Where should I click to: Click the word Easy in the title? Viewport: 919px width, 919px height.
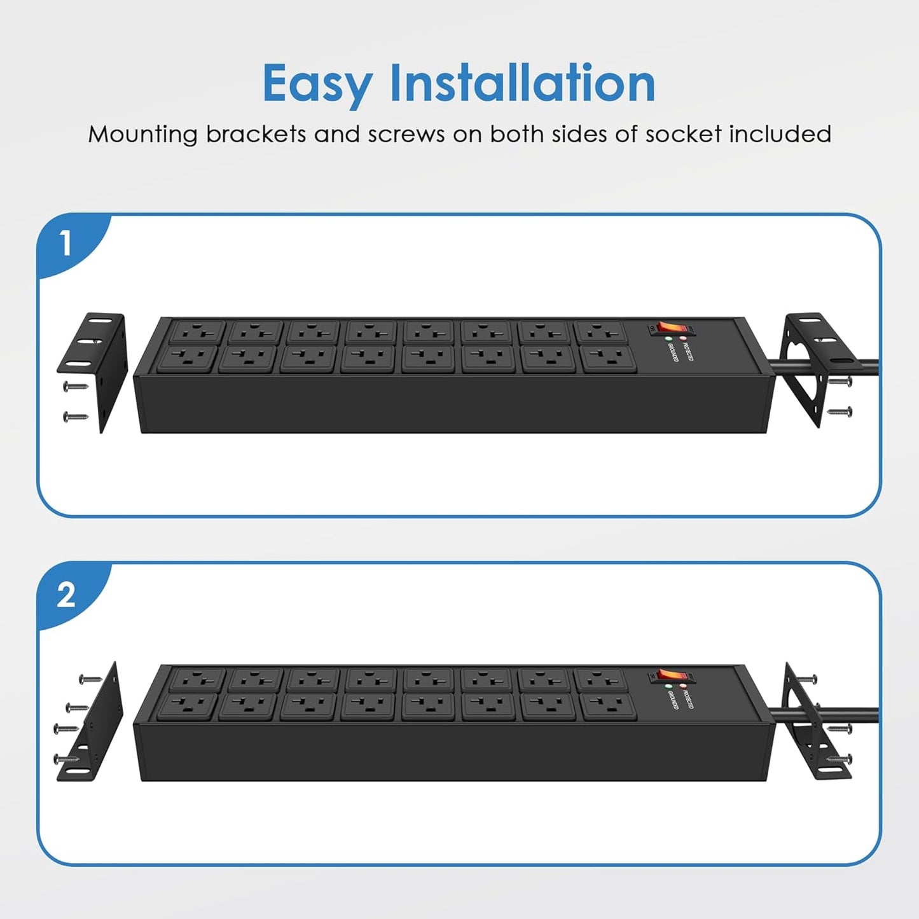pyautogui.click(x=317, y=84)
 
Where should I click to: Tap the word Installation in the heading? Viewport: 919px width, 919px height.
pyautogui.click(x=522, y=83)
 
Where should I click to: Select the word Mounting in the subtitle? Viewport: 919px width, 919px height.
pyautogui.click(x=143, y=134)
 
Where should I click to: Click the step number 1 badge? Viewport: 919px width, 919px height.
pyautogui.click(x=66, y=244)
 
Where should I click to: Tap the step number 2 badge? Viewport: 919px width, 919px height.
pyautogui.click(x=66, y=595)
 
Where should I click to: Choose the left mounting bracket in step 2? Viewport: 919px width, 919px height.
pyautogui.click(x=92, y=725)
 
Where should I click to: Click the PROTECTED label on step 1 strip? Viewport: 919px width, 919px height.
pyautogui.click(x=688, y=350)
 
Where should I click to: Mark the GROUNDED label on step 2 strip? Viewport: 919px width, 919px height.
pyautogui.click(x=672, y=700)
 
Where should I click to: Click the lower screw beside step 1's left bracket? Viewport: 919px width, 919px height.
pyautogui.click(x=76, y=417)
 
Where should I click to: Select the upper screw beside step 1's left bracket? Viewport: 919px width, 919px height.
pyautogui.click(x=76, y=386)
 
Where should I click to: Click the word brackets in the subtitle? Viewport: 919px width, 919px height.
pyautogui.click(x=256, y=134)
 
